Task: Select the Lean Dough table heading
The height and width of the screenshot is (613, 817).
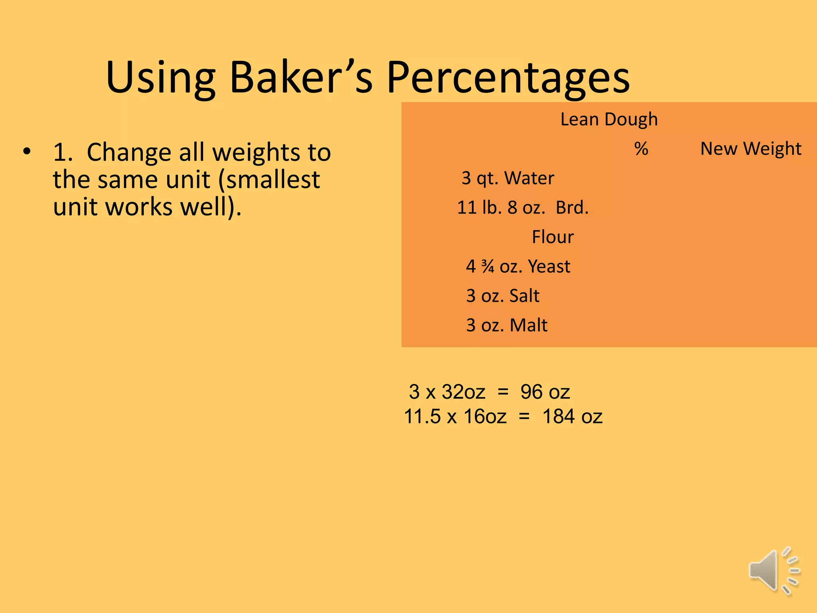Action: (609, 119)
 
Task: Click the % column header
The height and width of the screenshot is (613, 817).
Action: (641, 149)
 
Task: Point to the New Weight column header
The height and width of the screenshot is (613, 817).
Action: (750, 149)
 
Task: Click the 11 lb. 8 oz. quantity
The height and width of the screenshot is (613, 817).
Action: (501, 208)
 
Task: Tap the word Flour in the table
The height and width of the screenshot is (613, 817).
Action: (553, 237)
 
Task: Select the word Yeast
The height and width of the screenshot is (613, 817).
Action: (549, 267)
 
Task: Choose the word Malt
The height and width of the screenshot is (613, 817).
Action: (528, 325)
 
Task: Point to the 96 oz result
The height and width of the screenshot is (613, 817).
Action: (545, 392)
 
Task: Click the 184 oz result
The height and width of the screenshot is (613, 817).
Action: (572, 417)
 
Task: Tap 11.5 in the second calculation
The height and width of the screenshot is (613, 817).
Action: (422, 417)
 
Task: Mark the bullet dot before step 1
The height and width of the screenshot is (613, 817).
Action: (27, 152)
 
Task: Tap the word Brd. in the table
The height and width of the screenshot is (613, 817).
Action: (572, 208)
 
